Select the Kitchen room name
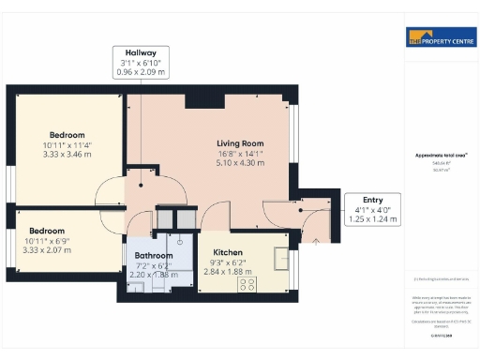228,253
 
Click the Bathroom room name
154,255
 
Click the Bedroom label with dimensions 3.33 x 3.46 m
66,135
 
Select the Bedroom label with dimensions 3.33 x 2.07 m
47,231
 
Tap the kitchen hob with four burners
249,284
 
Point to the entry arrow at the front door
315,242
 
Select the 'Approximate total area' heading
439,155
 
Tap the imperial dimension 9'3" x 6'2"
228,263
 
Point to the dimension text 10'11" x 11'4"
66,144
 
